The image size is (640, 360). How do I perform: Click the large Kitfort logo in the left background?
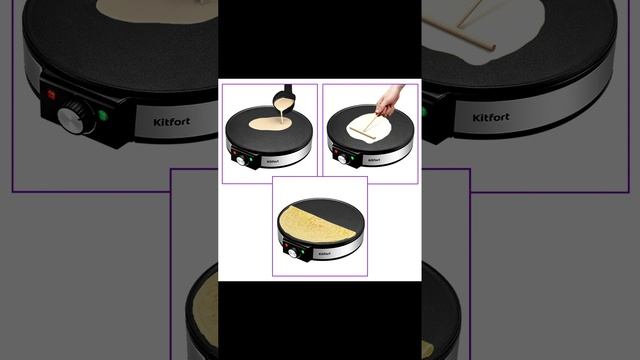172,122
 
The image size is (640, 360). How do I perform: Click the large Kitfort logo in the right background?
491,118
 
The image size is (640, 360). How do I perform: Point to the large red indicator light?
51,95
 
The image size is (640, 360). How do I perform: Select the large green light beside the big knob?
103,116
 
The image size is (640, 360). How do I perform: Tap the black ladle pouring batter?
284,100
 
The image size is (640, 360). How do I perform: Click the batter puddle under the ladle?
270,124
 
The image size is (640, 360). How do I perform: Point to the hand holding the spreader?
389,100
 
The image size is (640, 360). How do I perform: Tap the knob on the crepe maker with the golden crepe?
292,253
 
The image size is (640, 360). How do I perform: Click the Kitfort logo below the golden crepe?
324,254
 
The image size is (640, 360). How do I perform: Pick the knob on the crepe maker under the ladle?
241,160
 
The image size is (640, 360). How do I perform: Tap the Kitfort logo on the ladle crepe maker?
273,162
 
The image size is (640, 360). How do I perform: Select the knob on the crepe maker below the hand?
342,159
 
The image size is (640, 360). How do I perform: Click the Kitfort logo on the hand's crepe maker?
374,160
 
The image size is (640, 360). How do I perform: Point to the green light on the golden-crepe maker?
302,252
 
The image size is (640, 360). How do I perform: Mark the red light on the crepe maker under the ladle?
234,153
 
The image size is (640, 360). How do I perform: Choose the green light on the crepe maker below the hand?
352,158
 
